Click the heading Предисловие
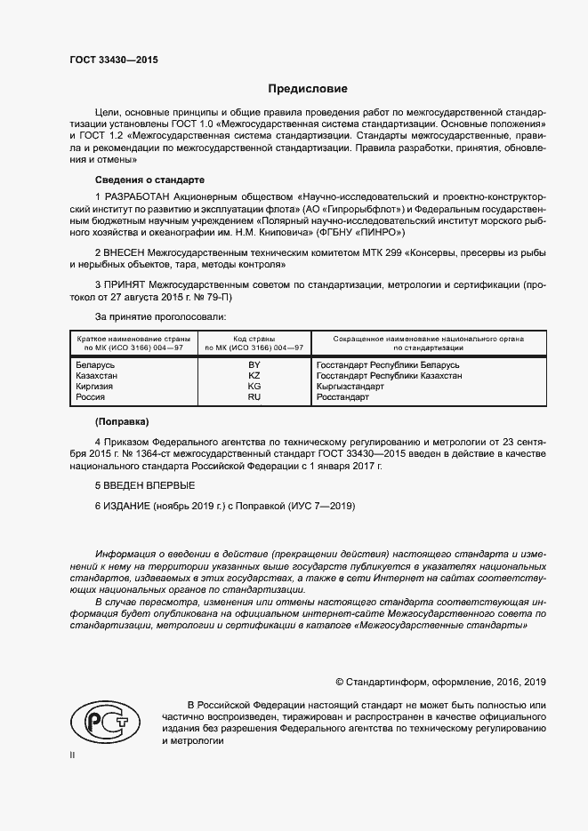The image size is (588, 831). (308, 89)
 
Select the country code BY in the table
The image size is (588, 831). (254, 365)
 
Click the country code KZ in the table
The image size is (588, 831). (254, 376)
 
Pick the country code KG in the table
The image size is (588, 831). (254, 387)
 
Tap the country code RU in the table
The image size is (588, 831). (254, 397)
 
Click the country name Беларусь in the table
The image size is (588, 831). (96, 365)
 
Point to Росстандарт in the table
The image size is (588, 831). (342, 397)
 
